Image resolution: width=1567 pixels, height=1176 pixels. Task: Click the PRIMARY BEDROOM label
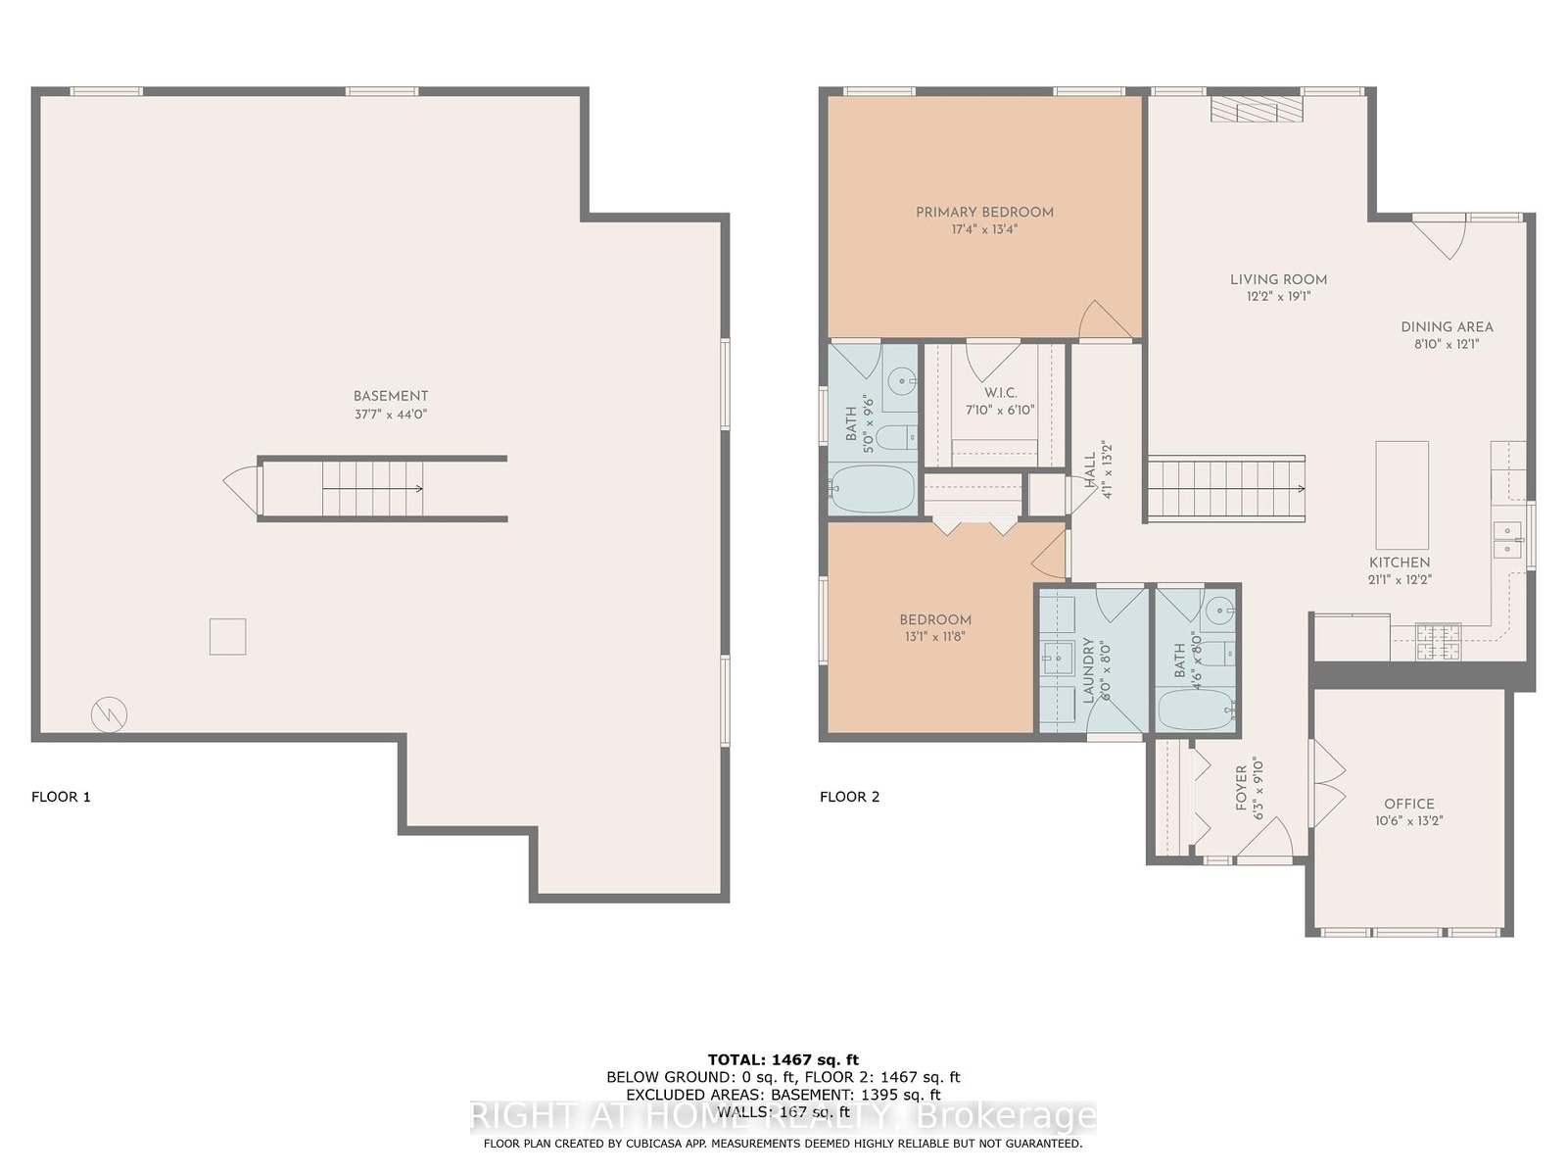(984, 212)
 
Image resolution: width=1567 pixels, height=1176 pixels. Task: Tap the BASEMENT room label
(391, 396)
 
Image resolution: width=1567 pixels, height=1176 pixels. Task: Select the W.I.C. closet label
(1000, 393)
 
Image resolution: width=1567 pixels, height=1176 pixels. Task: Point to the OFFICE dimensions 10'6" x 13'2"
(1408, 821)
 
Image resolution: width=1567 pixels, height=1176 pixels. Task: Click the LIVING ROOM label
(1278, 280)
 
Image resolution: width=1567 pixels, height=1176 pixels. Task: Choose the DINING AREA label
(1447, 327)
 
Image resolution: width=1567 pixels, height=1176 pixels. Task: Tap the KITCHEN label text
(1400, 563)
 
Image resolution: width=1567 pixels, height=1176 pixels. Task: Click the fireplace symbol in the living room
(1257, 109)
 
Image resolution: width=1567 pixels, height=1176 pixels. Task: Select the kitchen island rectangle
(1402, 495)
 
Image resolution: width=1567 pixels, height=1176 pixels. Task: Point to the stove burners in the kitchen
(1438, 641)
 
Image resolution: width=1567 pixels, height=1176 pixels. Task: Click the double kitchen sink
(1507, 540)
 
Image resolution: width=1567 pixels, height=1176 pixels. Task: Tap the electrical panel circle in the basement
(110, 714)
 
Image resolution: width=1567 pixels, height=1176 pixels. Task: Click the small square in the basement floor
(228, 636)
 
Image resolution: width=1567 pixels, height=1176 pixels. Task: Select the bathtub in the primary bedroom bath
(873, 489)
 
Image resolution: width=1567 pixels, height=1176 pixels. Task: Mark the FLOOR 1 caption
(61, 797)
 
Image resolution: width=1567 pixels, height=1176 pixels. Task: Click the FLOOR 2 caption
(849, 797)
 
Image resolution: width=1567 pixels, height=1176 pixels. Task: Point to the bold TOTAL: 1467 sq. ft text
(783, 1060)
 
